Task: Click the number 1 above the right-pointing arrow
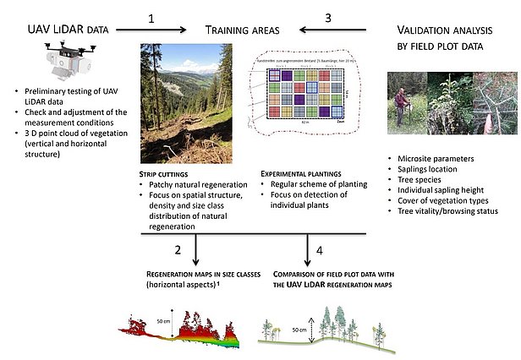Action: point(151,17)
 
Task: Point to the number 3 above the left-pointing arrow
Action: point(328,17)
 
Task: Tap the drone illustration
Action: point(67,58)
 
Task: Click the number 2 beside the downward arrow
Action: point(178,250)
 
